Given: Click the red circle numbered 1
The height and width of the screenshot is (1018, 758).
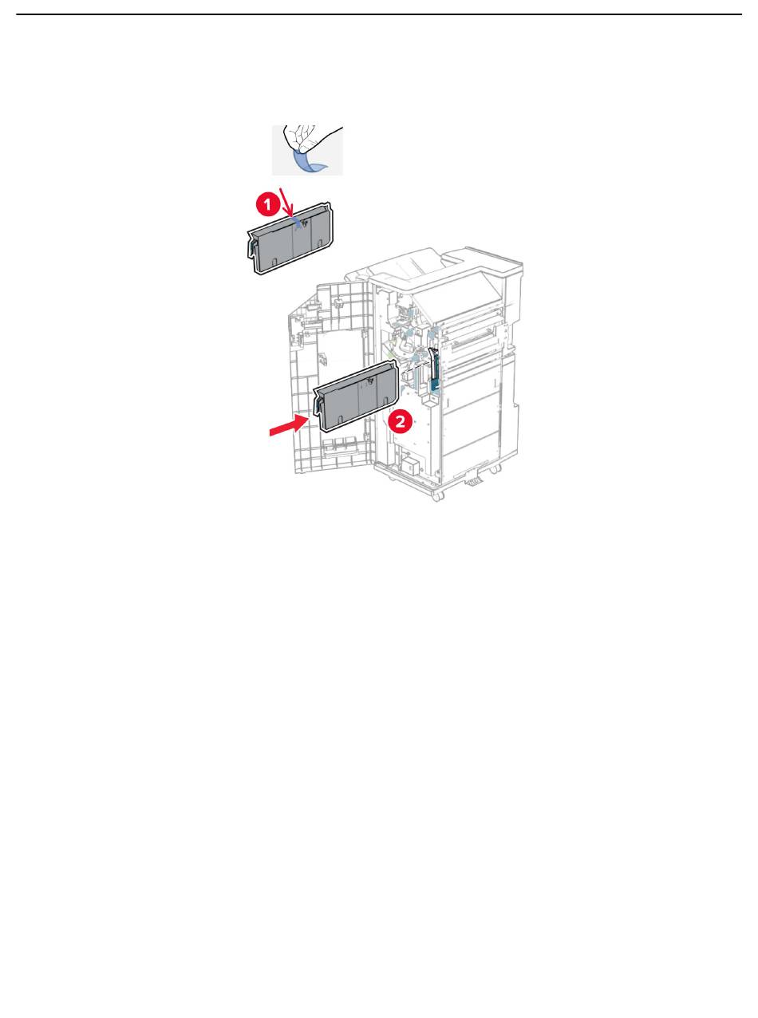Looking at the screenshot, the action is point(267,204).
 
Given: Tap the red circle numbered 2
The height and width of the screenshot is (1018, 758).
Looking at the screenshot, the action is point(400,421).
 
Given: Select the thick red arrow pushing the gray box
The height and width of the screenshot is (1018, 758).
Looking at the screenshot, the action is point(288,424).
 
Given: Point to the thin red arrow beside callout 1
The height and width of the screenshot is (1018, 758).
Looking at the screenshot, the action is point(287,202).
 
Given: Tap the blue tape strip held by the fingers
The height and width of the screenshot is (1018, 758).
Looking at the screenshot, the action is point(309,162).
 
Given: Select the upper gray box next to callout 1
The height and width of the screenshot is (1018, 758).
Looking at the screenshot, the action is point(290,239).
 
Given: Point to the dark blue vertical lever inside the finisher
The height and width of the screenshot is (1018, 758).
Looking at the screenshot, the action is point(433,366).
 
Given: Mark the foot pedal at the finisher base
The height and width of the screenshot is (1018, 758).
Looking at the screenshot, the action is point(473,480).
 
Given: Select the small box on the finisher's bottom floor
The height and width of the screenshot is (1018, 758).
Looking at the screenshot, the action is point(409,466).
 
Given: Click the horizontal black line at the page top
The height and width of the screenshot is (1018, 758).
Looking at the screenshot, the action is point(379,14).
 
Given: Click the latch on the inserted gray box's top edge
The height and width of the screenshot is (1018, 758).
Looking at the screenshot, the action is point(369,381).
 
